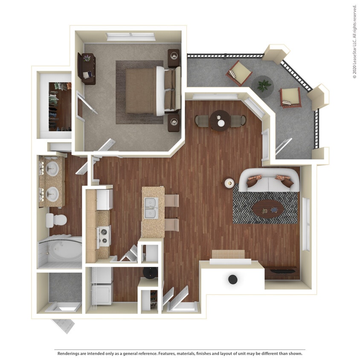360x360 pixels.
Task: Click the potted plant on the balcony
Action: [x=264, y=84]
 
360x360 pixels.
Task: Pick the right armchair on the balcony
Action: [x=290, y=97]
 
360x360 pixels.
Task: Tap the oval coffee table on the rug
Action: [x=268, y=209]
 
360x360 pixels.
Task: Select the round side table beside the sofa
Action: [x=229, y=183]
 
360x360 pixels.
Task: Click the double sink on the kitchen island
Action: [x=150, y=208]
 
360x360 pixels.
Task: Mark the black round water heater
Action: [x=232, y=279]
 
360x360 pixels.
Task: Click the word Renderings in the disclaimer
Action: [x=71, y=354]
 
